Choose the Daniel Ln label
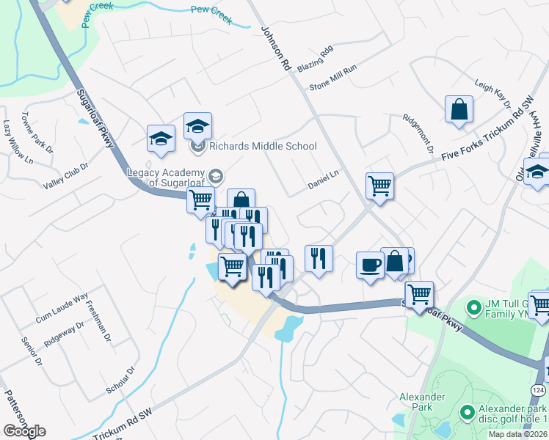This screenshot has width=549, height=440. click(x=324, y=180)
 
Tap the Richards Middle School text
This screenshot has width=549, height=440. click(x=263, y=147)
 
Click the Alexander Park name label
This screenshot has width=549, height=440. click(x=422, y=403)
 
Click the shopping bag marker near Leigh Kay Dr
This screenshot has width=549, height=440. click(x=459, y=110)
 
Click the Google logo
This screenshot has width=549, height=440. click(x=24, y=431)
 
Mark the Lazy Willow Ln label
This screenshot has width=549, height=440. click(x=18, y=142)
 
